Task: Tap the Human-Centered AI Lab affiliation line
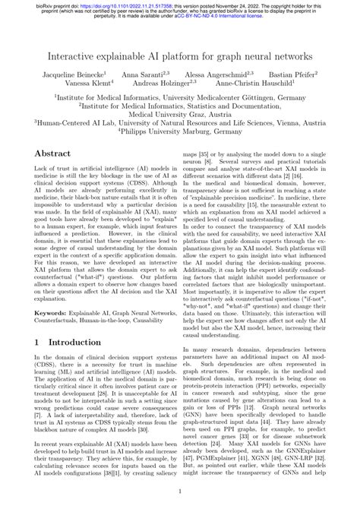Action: (180, 122)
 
